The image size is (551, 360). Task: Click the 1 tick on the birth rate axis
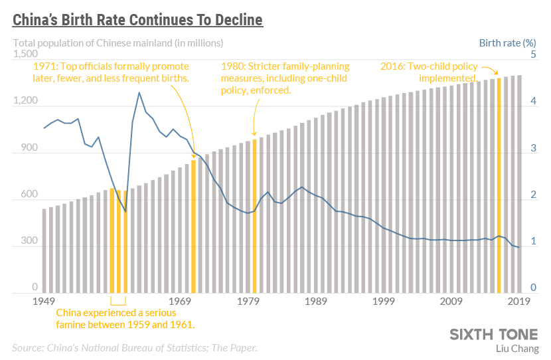(x=532, y=243)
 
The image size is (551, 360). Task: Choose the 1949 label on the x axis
(x=42, y=302)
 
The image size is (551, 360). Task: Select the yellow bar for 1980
(x=254, y=216)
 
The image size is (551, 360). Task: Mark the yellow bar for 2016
(x=499, y=185)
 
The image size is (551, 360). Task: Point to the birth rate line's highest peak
(x=139, y=93)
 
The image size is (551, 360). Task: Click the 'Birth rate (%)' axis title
(x=507, y=43)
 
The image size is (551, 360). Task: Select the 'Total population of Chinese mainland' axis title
(x=118, y=43)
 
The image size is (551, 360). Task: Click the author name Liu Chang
(x=517, y=348)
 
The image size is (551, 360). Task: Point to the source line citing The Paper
(x=134, y=347)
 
